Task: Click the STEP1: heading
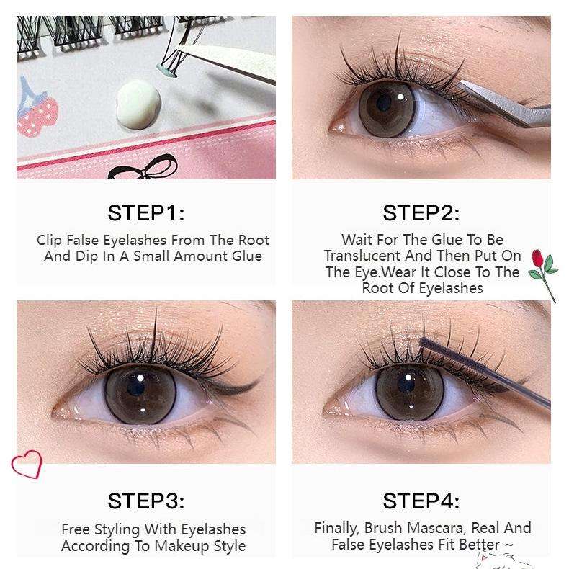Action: click(x=146, y=212)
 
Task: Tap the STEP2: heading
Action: click(x=421, y=212)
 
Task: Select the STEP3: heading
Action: click(x=146, y=501)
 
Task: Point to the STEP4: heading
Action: click(x=421, y=501)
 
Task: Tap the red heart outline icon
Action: click(x=27, y=465)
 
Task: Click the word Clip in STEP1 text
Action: click(x=50, y=241)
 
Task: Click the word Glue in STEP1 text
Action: click(x=246, y=256)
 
